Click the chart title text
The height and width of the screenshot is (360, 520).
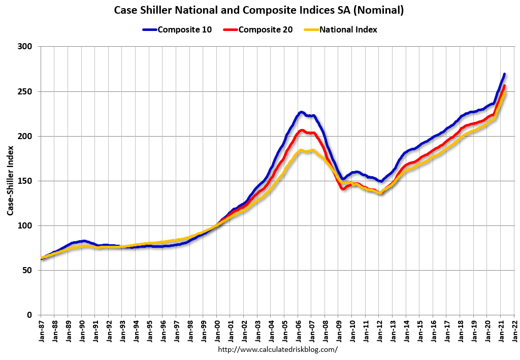coord(259,10)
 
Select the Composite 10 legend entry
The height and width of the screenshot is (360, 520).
coord(181,29)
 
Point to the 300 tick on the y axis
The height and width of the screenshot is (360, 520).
coord(26,47)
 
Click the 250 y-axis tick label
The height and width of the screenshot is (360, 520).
coord(26,91)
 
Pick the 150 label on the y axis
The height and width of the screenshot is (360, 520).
coord(26,181)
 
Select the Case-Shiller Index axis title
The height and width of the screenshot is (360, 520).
coord(10,181)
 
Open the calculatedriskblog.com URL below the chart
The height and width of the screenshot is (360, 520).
coord(277,350)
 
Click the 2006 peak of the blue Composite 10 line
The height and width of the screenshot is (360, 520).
coord(301,112)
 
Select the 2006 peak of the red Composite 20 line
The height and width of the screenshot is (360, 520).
coord(301,130)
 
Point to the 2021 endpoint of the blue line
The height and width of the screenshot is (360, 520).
coord(504,74)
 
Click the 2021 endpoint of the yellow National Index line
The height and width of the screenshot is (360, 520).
coord(504,94)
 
